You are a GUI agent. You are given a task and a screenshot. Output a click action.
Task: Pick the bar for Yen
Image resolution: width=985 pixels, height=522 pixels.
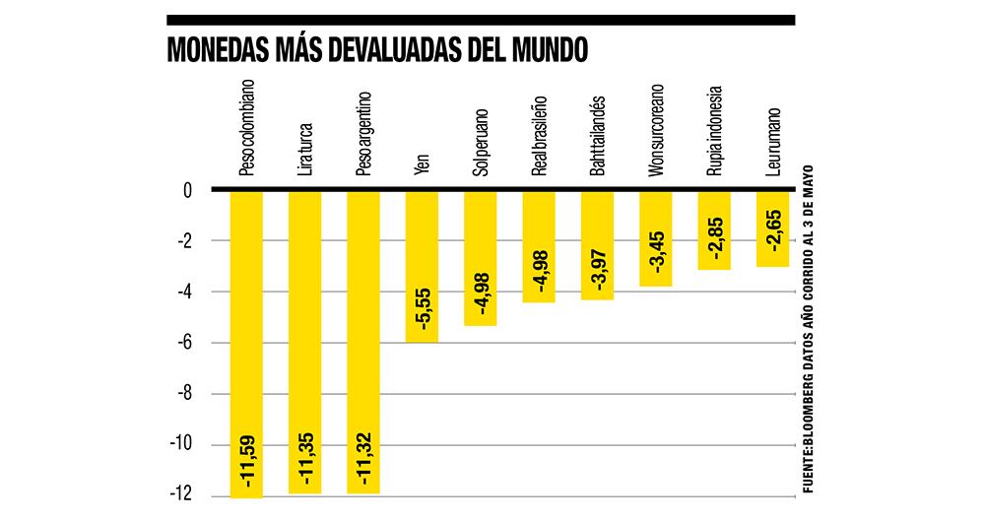coord(422,266)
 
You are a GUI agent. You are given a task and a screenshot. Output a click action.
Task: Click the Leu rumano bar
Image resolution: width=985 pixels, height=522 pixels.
coord(772,228)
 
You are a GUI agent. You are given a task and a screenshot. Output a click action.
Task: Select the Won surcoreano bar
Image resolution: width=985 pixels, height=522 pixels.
coord(656,238)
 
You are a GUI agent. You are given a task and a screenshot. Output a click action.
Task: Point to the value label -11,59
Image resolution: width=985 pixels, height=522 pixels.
coord(246,462)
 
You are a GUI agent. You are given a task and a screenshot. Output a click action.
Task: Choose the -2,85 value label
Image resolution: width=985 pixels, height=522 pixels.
coord(714,239)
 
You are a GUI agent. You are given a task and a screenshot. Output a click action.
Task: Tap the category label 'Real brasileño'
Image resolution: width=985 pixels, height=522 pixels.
coord(539,136)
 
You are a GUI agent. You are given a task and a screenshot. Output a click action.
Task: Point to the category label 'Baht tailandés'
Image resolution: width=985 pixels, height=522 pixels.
coord(597,136)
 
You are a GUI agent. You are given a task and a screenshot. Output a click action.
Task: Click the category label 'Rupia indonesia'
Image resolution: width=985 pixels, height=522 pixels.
coord(714,130)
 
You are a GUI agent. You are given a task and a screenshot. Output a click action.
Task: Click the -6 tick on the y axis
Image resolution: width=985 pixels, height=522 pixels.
coord(183,343)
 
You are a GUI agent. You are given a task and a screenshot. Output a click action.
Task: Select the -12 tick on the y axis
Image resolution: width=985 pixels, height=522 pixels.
coord(180,495)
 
